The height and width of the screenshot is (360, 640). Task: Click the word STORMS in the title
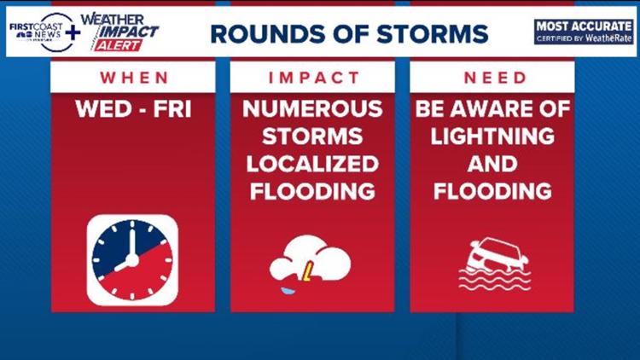click(432, 34)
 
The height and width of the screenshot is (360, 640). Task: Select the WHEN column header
click(134, 78)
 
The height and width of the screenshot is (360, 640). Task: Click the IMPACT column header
click(313, 78)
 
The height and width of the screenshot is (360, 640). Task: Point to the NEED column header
click(495, 78)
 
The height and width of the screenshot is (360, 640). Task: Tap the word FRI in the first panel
click(172, 109)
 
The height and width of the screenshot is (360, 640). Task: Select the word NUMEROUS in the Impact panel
click(312, 109)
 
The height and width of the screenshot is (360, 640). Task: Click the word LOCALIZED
click(312, 164)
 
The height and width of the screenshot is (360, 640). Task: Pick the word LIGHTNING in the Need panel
click(492, 136)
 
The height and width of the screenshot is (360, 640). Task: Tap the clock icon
click(132, 260)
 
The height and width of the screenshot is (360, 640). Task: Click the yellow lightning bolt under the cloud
click(307, 271)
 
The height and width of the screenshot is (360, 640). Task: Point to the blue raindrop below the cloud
click(288, 291)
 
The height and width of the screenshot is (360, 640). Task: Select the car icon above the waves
click(497, 255)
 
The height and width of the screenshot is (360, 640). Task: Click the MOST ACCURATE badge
click(584, 32)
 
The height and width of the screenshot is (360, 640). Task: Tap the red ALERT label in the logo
click(118, 45)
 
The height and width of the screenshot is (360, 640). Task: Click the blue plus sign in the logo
click(73, 32)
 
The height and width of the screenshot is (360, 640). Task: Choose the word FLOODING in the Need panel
click(492, 191)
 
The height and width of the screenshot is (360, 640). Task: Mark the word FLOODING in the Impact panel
click(312, 191)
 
